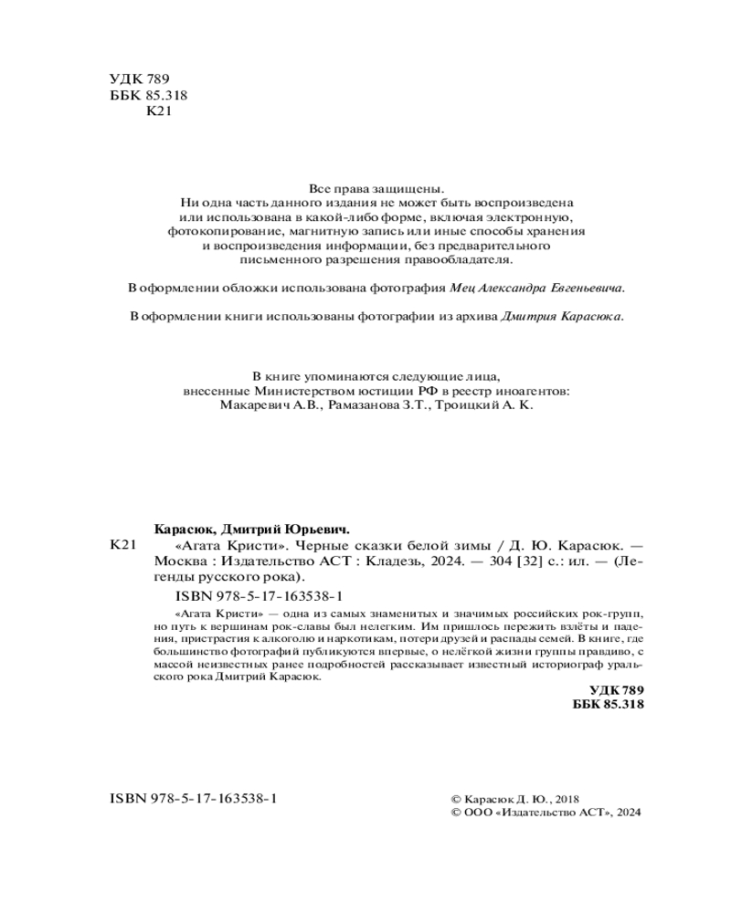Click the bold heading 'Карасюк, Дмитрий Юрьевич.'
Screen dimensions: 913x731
pyautogui.click(x=252, y=530)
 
